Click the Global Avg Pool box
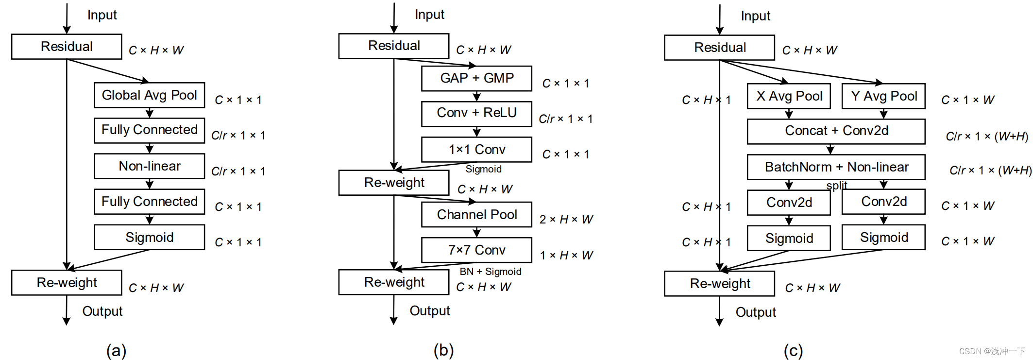point(150,95)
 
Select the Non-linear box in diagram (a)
point(150,166)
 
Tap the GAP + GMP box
point(477,78)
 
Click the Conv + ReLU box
point(477,114)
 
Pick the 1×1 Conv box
point(477,149)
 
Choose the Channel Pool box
point(477,214)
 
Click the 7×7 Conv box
point(477,250)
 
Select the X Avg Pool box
point(789,96)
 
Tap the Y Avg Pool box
point(884,96)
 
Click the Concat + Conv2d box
point(836,131)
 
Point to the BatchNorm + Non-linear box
point(836,167)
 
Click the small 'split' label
point(837,185)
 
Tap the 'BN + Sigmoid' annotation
point(491,272)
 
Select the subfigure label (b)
point(444,350)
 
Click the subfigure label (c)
point(793,350)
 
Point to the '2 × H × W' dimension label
point(566,220)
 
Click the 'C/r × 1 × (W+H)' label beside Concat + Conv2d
point(987,137)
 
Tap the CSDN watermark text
point(992,351)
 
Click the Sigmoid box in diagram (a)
point(150,237)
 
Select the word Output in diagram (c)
point(756,312)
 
